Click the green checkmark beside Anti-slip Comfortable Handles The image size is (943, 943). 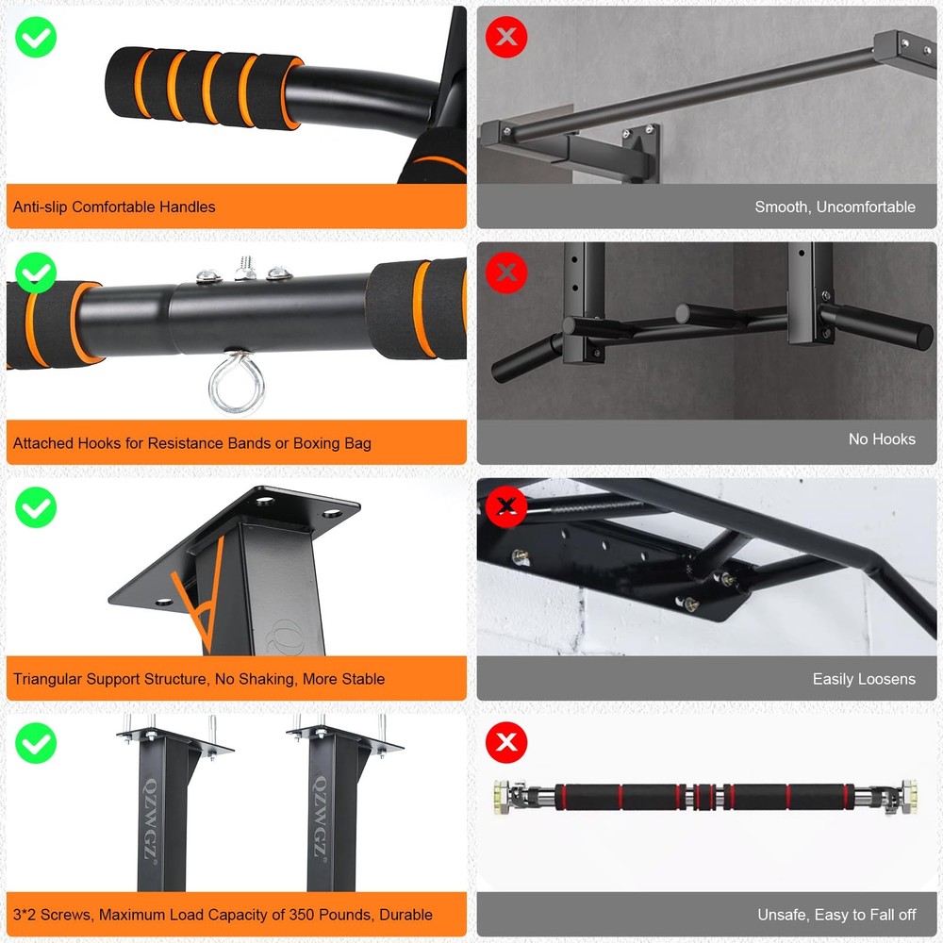click(36, 37)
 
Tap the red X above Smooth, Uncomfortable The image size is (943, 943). click(506, 37)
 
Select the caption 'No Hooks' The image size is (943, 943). click(882, 439)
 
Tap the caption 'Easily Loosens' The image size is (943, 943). click(864, 679)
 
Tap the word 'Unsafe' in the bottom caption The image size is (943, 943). click(783, 915)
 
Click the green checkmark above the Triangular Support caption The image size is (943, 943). click(36, 508)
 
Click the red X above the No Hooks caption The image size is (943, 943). click(506, 273)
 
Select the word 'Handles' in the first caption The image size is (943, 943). click(188, 207)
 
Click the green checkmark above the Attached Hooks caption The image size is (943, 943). click(36, 273)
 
